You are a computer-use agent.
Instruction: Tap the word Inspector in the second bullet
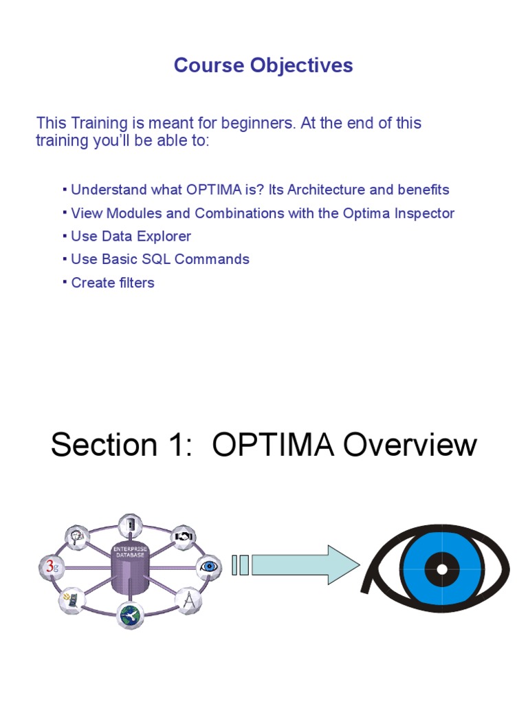pos(424,213)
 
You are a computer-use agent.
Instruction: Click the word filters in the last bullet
pos(135,283)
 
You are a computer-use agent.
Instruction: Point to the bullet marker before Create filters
pos(65,281)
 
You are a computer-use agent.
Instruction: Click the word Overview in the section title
pos(410,445)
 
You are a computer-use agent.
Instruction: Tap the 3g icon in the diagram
pos(50,567)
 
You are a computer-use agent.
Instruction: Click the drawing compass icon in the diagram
pos(188,600)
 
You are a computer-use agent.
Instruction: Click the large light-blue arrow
pos(306,566)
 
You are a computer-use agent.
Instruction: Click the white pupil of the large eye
pos(441,569)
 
